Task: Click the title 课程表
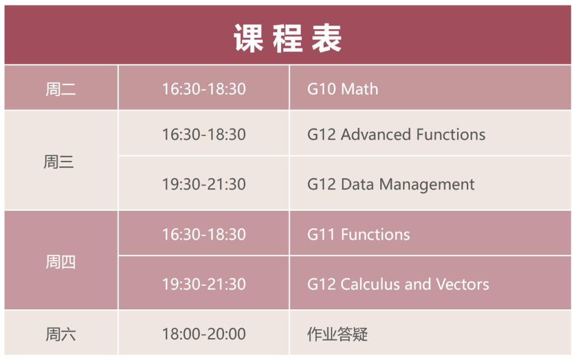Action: pyautogui.click(x=287, y=38)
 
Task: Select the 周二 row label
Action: pyautogui.click(x=60, y=89)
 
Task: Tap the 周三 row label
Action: pyautogui.click(x=59, y=162)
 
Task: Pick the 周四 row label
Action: pyautogui.click(x=60, y=262)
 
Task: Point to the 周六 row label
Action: pyautogui.click(x=60, y=334)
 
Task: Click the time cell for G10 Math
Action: pyautogui.click(x=204, y=89)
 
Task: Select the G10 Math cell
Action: pyautogui.click(x=342, y=89)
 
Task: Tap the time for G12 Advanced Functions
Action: pyautogui.click(x=204, y=134)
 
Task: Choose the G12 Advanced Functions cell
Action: pyautogui.click(x=396, y=134)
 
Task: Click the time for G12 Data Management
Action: pyautogui.click(x=204, y=185)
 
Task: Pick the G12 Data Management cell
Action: pyautogui.click(x=390, y=185)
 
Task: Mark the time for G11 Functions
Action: pyautogui.click(x=204, y=235)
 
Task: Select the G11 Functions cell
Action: pyautogui.click(x=358, y=235)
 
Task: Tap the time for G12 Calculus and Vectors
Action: pyautogui.click(x=204, y=284)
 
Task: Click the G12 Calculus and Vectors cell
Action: pyautogui.click(x=398, y=284)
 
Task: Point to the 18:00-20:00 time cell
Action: pyautogui.click(x=204, y=334)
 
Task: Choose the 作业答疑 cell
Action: pyautogui.click(x=337, y=334)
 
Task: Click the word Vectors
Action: pyautogui.click(x=462, y=284)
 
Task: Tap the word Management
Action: pyautogui.click(x=427, y=185)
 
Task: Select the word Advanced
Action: pyautogui.click(x=376, y=134)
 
